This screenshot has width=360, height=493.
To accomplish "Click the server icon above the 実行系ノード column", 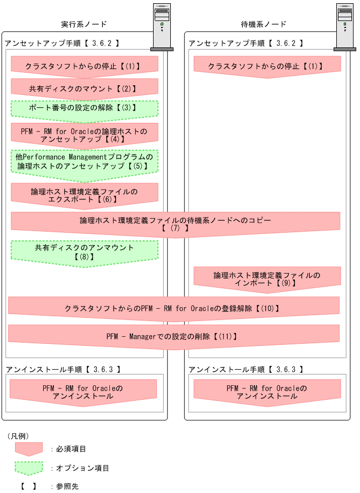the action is (162, 27).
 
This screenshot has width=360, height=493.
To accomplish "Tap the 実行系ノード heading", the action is (84, 24).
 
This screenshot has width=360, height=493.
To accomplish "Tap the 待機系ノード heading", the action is (264, 24).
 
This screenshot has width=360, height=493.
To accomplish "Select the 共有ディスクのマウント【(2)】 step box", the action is (85, 87).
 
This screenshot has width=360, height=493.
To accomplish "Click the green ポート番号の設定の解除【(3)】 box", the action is (85, 108).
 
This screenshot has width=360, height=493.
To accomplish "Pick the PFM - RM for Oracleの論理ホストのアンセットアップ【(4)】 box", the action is (85, 135).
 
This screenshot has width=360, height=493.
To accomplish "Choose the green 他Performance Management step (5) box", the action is (85, 162).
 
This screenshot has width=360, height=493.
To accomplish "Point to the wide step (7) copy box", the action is (175, 224).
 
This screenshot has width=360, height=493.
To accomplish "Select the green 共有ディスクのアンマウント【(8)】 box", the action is (85, 252).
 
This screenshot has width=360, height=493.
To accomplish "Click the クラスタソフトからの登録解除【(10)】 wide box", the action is (174, 309).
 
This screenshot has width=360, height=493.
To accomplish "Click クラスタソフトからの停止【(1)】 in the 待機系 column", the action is (267, 66).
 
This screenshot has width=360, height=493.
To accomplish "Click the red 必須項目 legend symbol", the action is (29, 449).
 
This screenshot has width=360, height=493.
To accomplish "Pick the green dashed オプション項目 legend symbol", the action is (29, 467).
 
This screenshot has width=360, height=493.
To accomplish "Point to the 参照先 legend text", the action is (67, 486).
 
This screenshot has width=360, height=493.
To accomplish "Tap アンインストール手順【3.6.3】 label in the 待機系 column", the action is (246, 370).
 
